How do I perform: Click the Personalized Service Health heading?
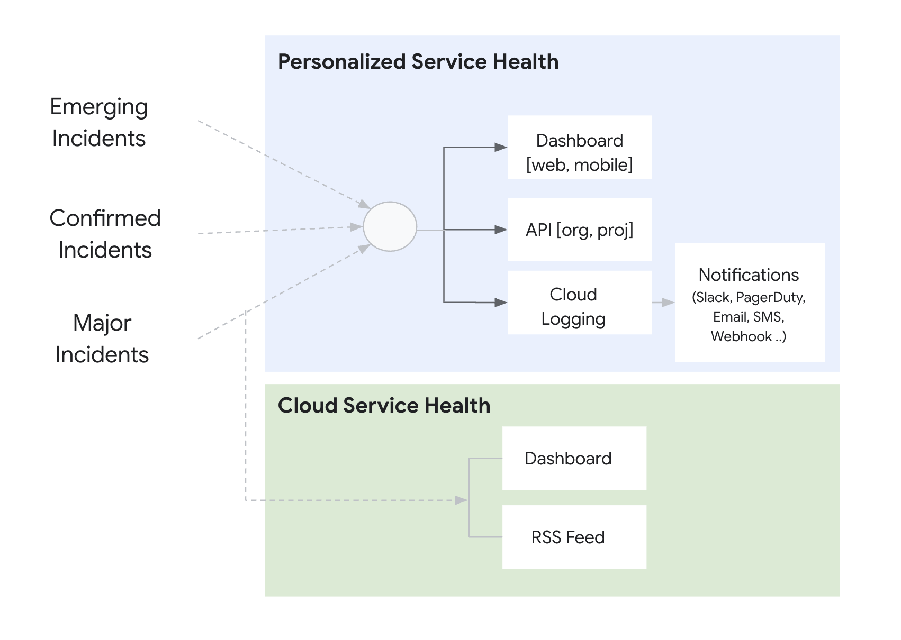click(x=418, y=62)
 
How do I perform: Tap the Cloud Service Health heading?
click(x=384, y=406)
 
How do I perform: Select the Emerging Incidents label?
click(x=99, y=122)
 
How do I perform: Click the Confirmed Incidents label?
click(x=105, y=234)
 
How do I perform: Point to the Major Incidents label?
click(x=102, y=339)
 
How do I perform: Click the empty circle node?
click(x=390, y=226)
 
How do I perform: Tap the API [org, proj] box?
click(x=579, y=230)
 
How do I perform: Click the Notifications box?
click(x=749, y=303)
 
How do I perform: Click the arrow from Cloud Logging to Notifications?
click(x=663, y=303)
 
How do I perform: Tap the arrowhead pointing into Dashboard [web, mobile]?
click(x=500, y=148)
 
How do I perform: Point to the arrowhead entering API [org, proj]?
click(x=500, y=230)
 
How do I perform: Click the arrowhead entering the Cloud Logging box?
click(x=500, y=303)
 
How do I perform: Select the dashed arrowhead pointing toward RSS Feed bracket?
click(x=461, y=500)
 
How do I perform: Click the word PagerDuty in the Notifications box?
click(x=770, y=297)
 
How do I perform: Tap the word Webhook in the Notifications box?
click(x=741, y=336)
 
